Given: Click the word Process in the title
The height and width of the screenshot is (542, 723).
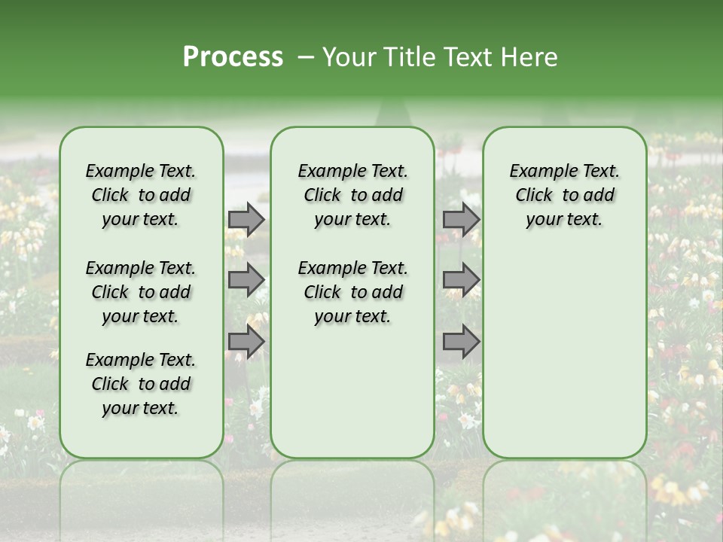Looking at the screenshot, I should click(x=233, y=57).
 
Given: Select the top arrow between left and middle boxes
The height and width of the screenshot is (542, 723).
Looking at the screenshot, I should click(x=246, y=219).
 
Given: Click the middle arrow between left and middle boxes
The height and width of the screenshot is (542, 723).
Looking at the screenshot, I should click(x=246, y=279).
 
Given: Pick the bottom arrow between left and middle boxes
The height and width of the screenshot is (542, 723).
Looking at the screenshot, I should click(x=246, y=342).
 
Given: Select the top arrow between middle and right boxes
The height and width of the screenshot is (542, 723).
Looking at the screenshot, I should click(x=460, y=219).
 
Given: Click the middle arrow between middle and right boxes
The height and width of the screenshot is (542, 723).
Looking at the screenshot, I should click(x=460, y=279).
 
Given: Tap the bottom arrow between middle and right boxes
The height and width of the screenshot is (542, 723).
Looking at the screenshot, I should click(x=460, y=342).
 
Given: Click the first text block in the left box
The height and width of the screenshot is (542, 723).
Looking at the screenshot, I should click(x=141, y=195).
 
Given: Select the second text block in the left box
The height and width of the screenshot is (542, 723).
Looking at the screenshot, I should click(x=141, y=292).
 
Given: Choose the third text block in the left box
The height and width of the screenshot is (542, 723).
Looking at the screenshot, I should click(x=141, y=384).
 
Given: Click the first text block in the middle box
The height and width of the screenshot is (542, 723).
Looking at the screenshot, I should click(x=352, y=195).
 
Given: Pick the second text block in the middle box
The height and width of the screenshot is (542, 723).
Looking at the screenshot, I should click(x=352, y=292).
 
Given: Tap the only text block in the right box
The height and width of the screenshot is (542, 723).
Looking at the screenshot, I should click(x=564, y=195).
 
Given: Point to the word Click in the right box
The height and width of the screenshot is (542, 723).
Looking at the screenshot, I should click(x=534, y=196).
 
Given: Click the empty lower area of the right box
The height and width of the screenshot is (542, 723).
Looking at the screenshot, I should click(x=564, y=354).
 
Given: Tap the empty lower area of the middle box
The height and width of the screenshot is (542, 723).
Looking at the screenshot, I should click(x=352, y=391).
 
